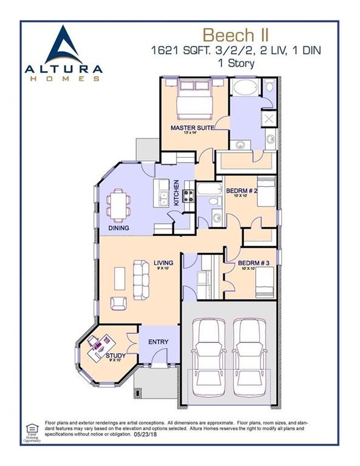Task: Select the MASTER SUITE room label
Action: [x=189, y=128]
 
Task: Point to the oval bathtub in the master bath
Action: [x=246, y=87]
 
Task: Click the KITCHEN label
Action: [x=177, y=192]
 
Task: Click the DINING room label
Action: [x=118, y=228]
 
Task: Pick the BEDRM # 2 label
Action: [x=242, y=191]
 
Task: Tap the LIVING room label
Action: [x=163, y=263]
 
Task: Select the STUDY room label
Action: [x=115, y=356]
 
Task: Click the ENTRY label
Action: [x=158, y=342]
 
